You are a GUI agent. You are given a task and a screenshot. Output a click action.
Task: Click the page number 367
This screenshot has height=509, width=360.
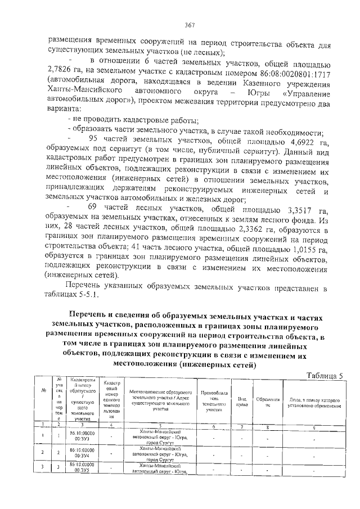190,25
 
